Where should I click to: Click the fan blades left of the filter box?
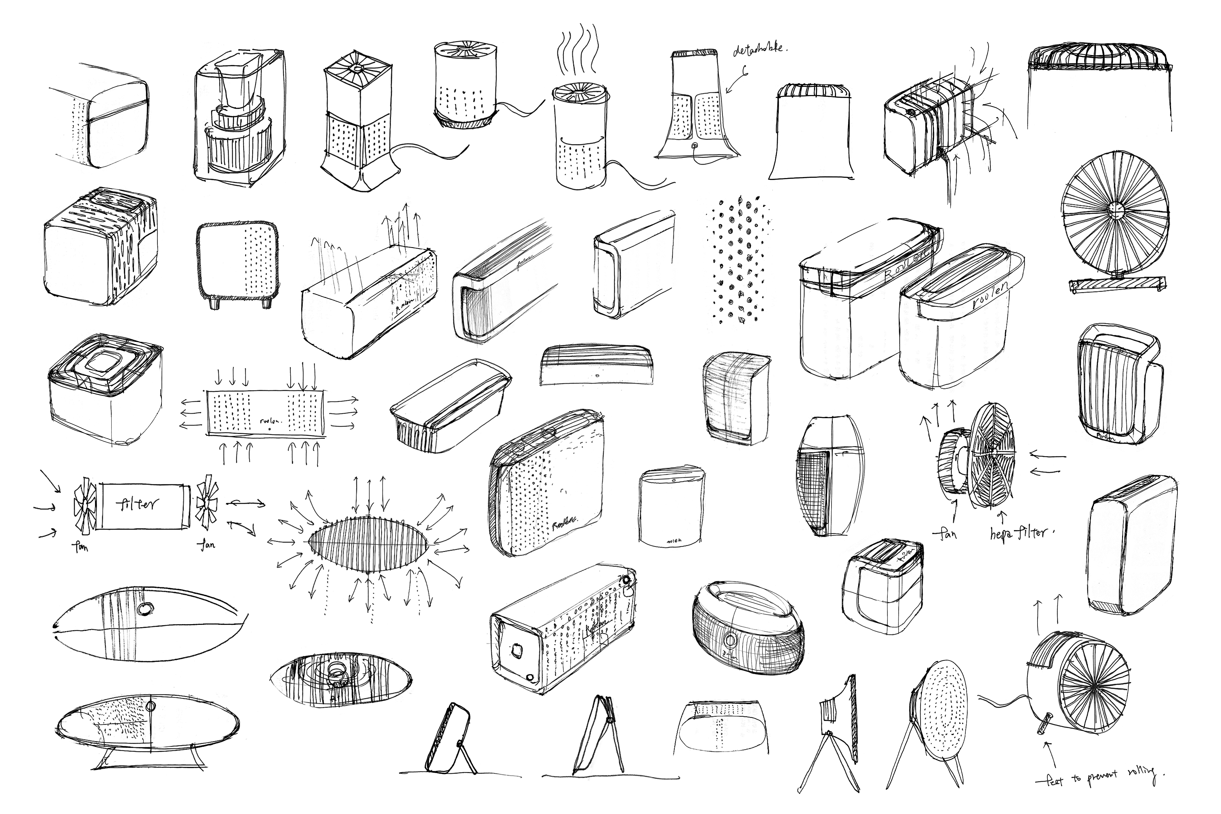tap(85, 504)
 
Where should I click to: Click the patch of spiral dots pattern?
tap(738, 259)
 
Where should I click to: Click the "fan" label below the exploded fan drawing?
tap(948, 534)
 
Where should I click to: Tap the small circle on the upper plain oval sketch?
tap(146, 608)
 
